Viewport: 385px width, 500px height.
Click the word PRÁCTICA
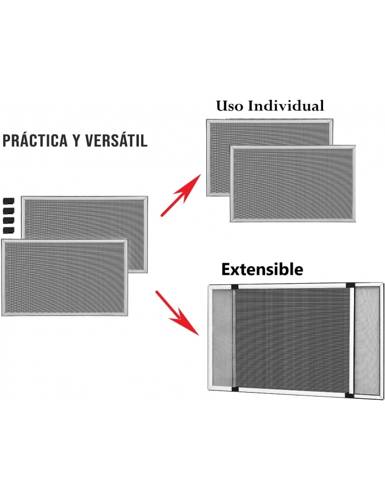(x=35, y=140)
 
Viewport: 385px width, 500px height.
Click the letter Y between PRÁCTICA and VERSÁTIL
(x=76, y=141)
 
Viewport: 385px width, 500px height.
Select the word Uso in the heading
(x=230, y=106)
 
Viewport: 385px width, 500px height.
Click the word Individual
(x=286, y=106)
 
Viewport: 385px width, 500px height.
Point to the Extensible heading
(x=262, y=269)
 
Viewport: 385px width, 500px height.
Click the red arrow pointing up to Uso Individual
(x=181, y=195)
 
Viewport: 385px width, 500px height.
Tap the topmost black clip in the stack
(x=9, y=201)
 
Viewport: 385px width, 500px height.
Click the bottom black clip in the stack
(x=9, y=230)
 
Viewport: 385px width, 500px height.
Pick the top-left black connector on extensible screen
(x=235, y=287)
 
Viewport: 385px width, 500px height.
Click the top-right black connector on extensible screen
(x=350, y=285)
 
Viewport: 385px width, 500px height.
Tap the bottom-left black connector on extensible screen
(x=236, y=389)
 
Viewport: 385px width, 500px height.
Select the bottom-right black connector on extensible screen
(x=350, y=395)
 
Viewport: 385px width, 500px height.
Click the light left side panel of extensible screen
(x=222, y=338)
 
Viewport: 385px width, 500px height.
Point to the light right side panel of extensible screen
(x=367, y=341)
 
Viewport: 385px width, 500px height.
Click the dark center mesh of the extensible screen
(x=292, y=339)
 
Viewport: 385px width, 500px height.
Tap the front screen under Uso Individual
(x=293, y=184)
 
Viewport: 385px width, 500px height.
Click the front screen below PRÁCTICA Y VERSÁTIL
(x=64, y=278)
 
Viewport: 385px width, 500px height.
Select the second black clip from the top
(x=9, y=211)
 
